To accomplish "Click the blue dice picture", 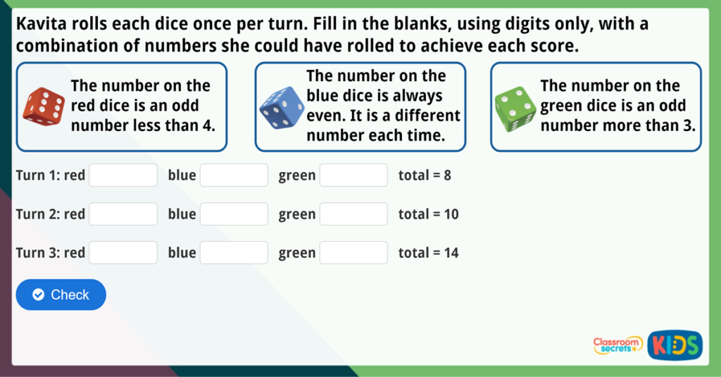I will pyautogui.click(x=280, y=106).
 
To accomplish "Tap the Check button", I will pyautogui.click(x=61, y=295).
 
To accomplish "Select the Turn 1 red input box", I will pyautogui.click(x=123, y=175).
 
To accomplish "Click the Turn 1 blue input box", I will pyautogui.click(x=234, y=175).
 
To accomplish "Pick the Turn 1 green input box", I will pyautogui.click(x=353, y=175).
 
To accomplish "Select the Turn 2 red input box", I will pyautogui.click(x=123, y=214).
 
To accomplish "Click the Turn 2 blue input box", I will pyautogui.click(x=234, y=214).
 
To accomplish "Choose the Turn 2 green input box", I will pyautogui.click(x=353, y=214).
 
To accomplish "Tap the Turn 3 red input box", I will pyautogui.click(x=123, y=253).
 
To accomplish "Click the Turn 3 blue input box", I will pyautogui.click(x=234, y=253).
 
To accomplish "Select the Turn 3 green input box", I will pyautogui.click(x=353, y=253).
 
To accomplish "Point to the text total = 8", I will pyautogui.click(x=425, y=175).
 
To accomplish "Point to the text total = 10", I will pyautogui.click(x=428, y=214).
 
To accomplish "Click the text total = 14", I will pyautogui.click(x=428, y=253).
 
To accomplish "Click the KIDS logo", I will pyautogui.click(x=675, y=345).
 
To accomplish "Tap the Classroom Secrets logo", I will pyautogui.click(x=617, y=345).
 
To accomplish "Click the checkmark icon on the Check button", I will pyautogui.click(x=39, y=295).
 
